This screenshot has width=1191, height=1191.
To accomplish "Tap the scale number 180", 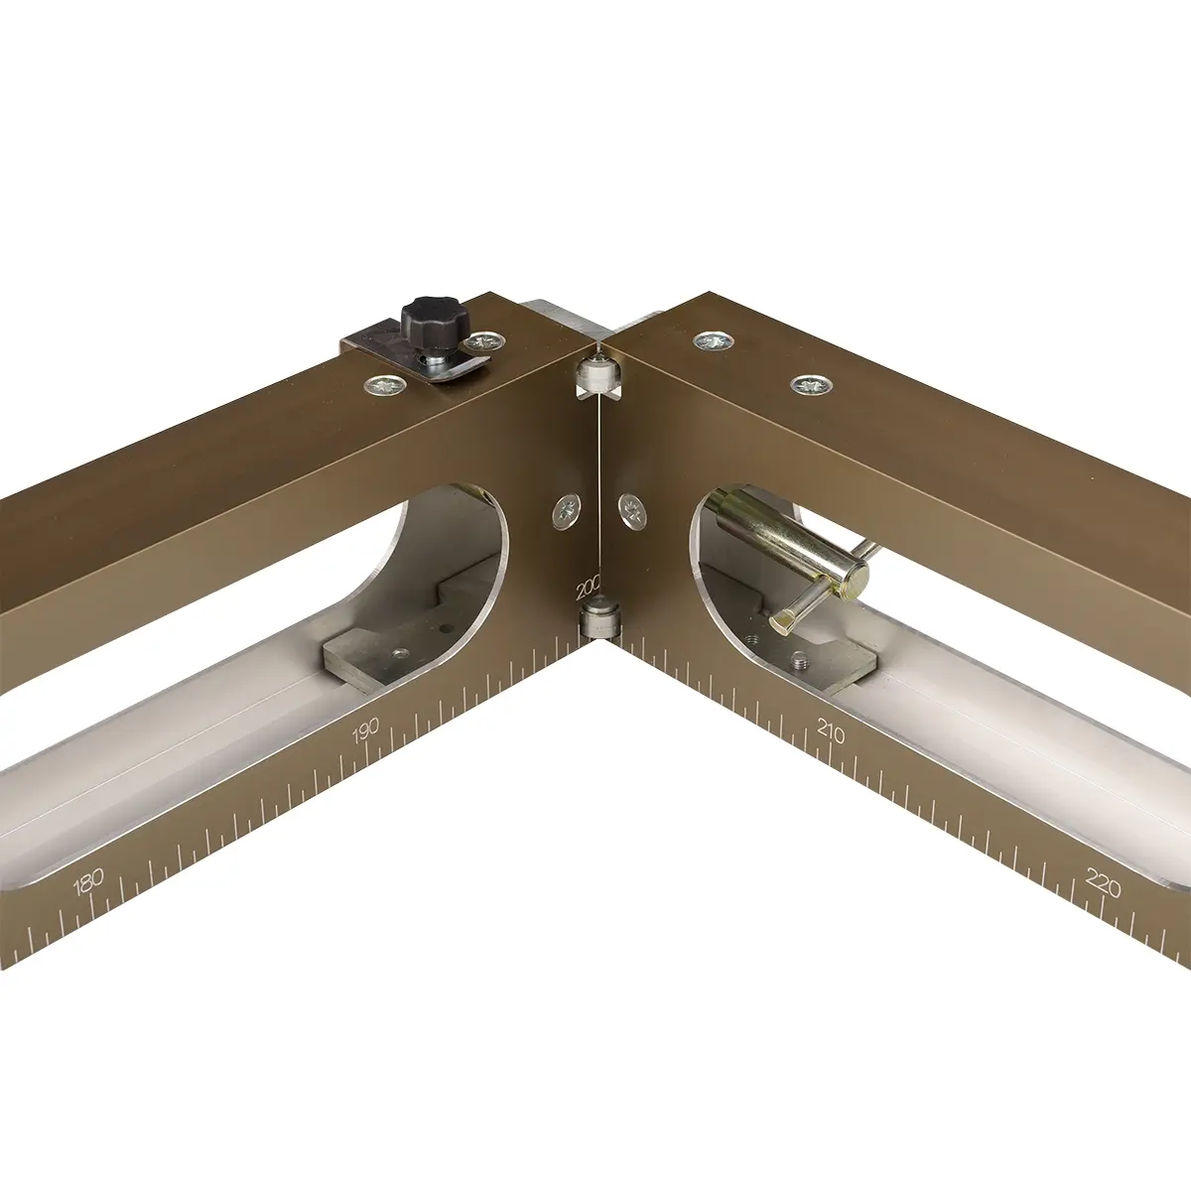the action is [87, 882].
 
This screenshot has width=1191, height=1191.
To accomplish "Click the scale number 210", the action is [830, 731].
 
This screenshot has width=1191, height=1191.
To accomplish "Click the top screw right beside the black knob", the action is [485, 340].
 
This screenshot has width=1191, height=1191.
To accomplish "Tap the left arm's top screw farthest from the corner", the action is [385, 386].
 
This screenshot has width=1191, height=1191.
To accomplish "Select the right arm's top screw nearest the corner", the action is [714, 340].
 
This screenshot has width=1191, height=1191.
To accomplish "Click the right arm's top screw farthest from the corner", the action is [812, 385].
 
